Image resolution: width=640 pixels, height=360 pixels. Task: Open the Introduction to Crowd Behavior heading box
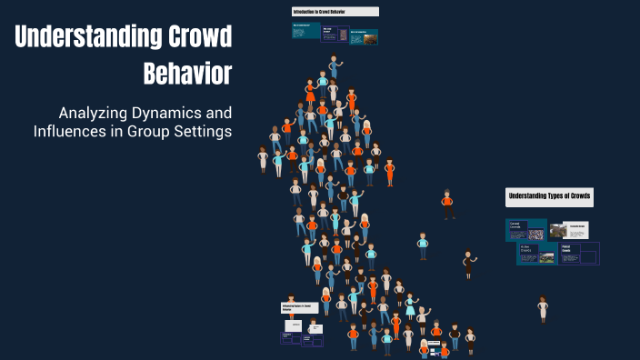[x=335, y=12]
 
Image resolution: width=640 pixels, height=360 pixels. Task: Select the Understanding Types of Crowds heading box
[x=549, y=196]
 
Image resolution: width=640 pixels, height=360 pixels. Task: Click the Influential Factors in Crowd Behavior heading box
[x=300, y=308]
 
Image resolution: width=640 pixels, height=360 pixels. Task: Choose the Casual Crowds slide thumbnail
[x=526, y=229]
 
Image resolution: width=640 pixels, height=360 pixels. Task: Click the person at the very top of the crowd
[x=335, y=65]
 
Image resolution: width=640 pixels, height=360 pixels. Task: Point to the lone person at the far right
[x=543, y=308]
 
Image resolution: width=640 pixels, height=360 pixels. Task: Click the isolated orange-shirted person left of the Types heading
[x=446, y=204]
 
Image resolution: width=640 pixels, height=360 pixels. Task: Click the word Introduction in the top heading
[x=304, y=12]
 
